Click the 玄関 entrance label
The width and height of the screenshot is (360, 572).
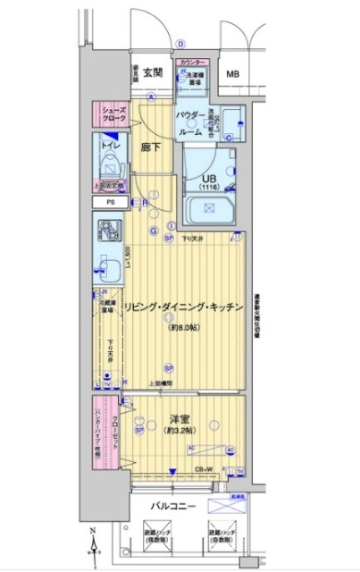[152, 72]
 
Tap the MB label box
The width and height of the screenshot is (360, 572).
[232, 74]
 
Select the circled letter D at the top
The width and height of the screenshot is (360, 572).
[180, 42]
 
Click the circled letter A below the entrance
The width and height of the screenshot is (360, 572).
[152, 97]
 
